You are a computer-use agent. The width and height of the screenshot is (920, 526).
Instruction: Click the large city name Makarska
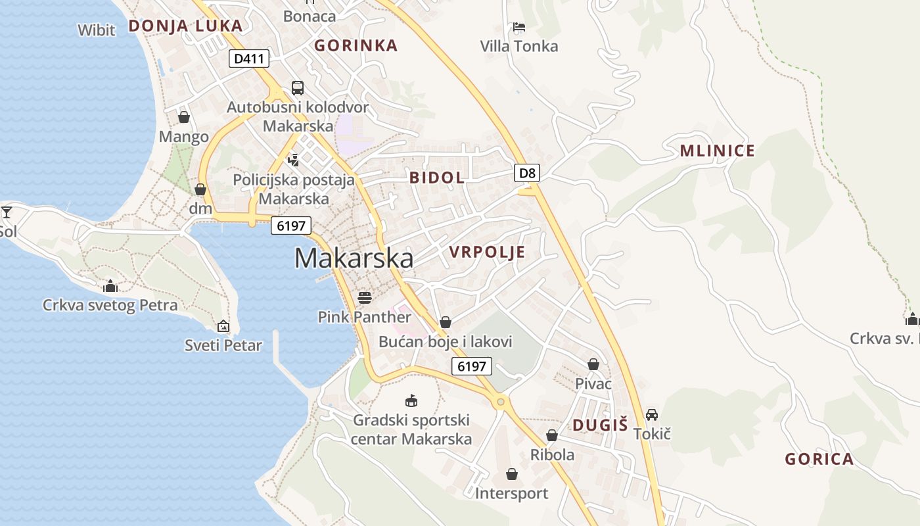point(354,258)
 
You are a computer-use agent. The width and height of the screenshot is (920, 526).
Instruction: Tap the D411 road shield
point(250,59)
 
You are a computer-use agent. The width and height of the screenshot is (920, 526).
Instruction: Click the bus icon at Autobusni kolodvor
point(297,88)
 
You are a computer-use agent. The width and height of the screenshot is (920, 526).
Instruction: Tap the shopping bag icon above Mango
point(183,117)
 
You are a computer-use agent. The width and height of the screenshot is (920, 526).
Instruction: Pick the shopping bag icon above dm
point(200,189)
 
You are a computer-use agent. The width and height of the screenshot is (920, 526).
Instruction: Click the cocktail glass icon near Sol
point(7,212)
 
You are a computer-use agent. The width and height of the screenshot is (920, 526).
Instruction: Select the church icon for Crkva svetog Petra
point(110,286)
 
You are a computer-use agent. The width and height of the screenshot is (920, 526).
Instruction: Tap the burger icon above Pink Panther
point(365,298)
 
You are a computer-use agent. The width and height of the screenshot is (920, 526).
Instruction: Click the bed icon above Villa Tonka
point(519,27)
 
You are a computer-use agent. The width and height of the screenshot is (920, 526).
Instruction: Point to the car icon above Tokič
point(652,415)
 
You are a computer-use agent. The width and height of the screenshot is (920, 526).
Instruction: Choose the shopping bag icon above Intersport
point(511,474)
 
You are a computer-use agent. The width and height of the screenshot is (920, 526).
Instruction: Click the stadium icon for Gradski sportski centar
point(411,400)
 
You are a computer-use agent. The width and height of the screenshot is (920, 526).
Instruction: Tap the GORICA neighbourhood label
point(819,459)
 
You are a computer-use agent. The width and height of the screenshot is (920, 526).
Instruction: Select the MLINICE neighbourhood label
point(717,151)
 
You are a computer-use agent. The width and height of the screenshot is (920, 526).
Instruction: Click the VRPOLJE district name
point(487,252)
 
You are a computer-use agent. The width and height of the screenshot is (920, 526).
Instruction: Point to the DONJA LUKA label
point(185,26)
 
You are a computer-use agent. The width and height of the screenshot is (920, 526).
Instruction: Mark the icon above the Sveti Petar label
point(223,326)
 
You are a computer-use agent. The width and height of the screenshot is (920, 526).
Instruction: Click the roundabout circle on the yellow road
point(501,401)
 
